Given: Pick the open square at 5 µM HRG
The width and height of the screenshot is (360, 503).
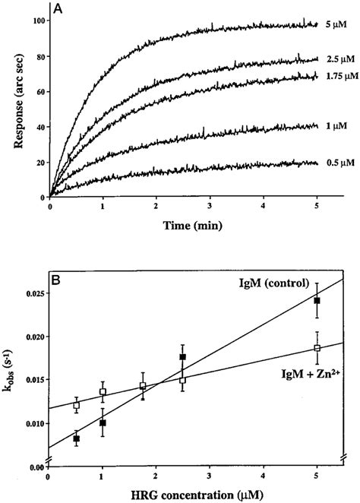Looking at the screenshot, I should tap(317, 348).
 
